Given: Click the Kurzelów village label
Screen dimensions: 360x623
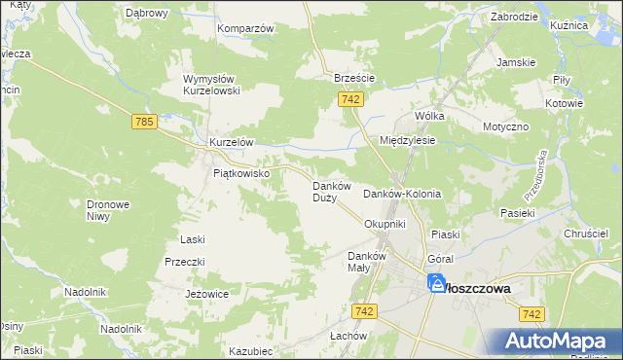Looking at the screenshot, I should [x=232, y=142].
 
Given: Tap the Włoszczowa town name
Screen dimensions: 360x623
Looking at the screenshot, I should [x=479, y=288].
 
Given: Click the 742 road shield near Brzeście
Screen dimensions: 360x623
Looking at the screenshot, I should [x=352, y=99].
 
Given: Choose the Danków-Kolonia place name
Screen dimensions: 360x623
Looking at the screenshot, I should [x=402, y=194].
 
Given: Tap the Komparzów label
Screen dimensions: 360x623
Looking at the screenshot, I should [x=245, y=28].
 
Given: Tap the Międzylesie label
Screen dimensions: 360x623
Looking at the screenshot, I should [x=407, y=140].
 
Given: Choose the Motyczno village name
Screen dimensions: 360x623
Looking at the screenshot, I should [x=504, y=126].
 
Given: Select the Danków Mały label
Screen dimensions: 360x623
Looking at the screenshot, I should [x=368, y=262].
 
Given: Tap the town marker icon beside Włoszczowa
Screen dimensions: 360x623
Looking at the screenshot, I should [x=435, y=284].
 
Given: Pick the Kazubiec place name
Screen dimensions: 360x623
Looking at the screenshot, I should [x=250, y=351].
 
